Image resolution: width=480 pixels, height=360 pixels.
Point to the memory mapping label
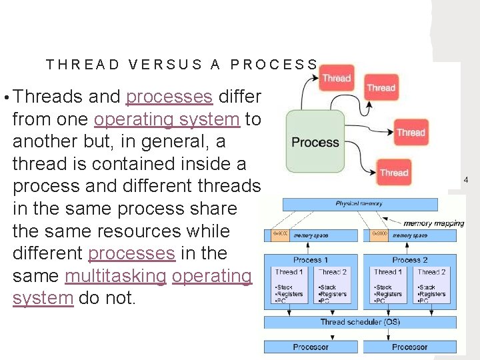click(x=434, y=223)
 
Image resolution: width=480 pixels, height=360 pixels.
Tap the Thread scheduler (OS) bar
click(x=360, y=322)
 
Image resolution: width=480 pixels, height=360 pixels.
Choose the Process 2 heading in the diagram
click(x=410, y=259)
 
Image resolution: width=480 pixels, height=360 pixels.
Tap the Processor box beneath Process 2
click(x=409, y=347)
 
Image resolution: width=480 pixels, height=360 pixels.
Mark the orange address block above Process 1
click(x=280, y=235)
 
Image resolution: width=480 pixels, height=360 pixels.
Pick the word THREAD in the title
click(x=83, y=65)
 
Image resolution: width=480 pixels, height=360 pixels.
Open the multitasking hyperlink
click(x=115, y=276)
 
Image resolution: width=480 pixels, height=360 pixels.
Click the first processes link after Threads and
click(x=169, y=97)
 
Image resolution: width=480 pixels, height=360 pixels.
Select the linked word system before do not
click(x=43, y=298)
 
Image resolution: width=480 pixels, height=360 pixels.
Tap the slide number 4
click(x=466, y=180)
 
